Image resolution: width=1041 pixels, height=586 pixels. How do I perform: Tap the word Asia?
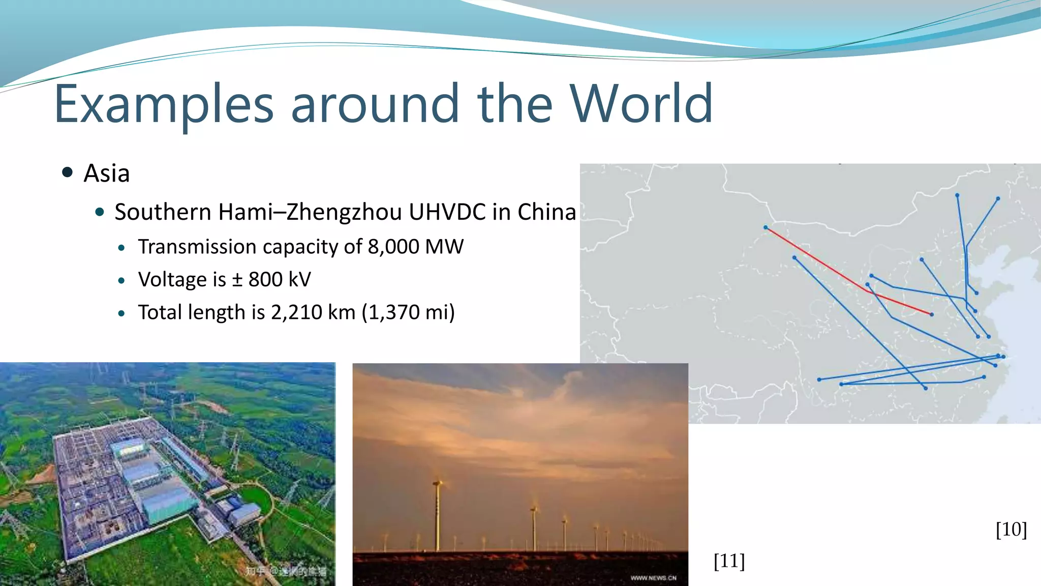106,173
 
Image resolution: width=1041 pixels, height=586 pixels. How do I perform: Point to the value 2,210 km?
313,312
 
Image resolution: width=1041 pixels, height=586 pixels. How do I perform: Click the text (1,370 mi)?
408,312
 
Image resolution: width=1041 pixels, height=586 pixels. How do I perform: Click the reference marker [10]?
1011,530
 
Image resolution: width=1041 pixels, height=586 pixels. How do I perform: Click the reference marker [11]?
729,561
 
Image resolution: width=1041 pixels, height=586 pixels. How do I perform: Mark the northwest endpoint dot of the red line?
766,227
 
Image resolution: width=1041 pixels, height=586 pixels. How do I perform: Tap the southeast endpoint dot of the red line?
931,314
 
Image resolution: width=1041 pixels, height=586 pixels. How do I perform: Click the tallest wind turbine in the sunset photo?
437,514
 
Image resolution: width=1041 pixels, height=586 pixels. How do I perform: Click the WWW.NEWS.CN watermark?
653,578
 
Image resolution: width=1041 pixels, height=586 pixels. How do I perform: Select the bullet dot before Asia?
67,172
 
